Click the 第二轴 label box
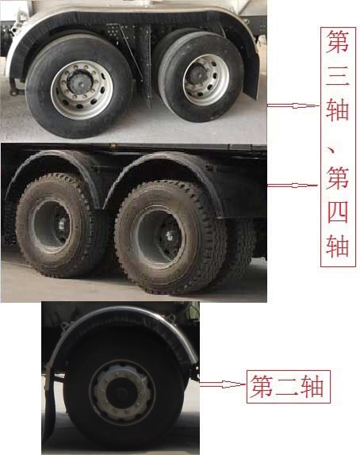coord(289,387)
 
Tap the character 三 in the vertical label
coord(337,75)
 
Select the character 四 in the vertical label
coord(338,212)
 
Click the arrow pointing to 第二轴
coord(223,384)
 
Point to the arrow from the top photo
coord(293,105)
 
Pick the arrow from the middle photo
coord(293,185)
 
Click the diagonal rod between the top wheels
coord(131,52)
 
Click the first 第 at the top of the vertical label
coord(337,42)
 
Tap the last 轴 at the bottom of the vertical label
coord(337,246)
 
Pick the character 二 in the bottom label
coord(287,387)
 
